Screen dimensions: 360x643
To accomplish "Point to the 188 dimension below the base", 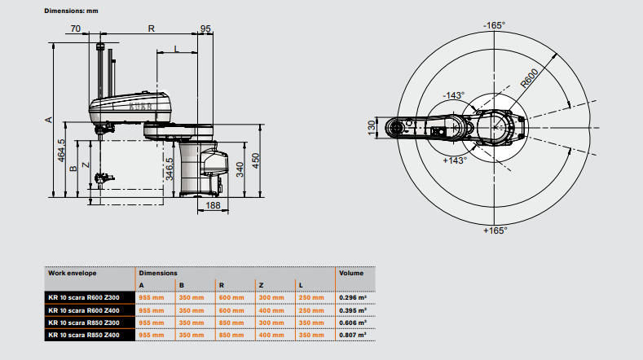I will point(211,206).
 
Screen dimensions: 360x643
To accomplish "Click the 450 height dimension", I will point(254,159).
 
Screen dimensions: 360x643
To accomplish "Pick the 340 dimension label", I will point(239,169).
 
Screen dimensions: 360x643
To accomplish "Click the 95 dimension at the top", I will point(205,29).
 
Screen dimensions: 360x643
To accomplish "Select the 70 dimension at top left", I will point(76,29).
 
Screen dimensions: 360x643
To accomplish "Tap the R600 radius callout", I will point(531,80).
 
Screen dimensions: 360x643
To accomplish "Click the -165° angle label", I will point(493,25).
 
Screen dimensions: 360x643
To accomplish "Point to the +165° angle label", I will point(494,230).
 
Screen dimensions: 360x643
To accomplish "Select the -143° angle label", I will point(453,95).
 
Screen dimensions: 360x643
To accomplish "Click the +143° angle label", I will point(453,160).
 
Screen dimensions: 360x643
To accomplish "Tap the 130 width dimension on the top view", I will point(372,130).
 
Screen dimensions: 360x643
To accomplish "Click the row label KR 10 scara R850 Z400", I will point(82,334).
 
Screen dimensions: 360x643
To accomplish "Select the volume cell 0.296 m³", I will point(352,297).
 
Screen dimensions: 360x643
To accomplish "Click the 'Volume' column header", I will point(350,273).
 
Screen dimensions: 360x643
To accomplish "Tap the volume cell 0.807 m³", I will point(352,334).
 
